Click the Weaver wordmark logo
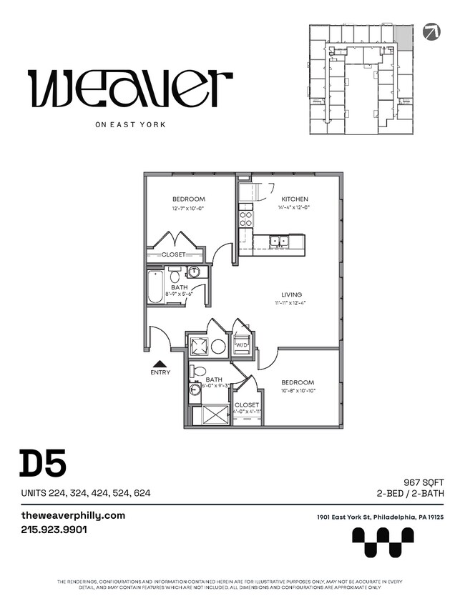click(129, 89)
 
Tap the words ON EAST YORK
click(130, 124)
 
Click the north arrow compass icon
click(431, 31)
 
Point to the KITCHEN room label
click(294, 199)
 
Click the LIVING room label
click(291, 294)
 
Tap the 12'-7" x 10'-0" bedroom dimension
click(189, 209)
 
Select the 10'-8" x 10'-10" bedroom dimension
click(297, 391)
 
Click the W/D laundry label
click(241, 344)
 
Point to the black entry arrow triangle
click(160, 363)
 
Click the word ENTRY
click(160, 372)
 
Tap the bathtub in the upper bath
click(155, 287)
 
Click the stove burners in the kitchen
click(245, 214)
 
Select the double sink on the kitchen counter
click(278, 242)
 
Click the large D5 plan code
click(42, 464)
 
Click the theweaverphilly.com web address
click(73, 515)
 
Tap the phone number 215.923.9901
click(54, 530)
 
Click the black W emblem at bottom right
click(383, 542)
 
